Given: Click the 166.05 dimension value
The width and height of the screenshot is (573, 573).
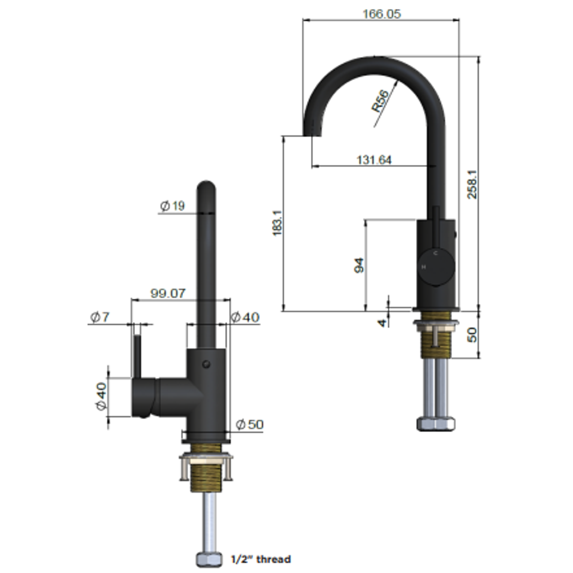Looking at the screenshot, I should [381, 14].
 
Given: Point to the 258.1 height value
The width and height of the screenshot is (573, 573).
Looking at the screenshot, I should [472, 184].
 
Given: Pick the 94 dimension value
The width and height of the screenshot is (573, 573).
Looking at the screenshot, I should [359, 265].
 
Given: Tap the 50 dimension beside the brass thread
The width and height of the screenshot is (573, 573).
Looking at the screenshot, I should [472, 334].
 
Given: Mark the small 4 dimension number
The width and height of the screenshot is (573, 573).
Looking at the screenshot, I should [383, 322].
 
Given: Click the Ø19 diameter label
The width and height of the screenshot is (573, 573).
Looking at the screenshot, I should [172, 206].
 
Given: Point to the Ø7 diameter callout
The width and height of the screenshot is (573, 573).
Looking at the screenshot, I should [100, 317].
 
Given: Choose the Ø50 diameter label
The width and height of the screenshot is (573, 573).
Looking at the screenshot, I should [249, 424].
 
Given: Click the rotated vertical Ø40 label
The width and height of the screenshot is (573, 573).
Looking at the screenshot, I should [101, 397].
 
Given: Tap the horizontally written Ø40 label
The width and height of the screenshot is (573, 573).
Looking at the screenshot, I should [245, 317].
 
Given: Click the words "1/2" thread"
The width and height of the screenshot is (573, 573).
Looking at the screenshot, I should [261, 559].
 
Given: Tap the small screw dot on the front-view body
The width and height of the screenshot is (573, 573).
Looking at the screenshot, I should [206, 364].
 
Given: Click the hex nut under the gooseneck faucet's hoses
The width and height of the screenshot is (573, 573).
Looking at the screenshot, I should [436, 423].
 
